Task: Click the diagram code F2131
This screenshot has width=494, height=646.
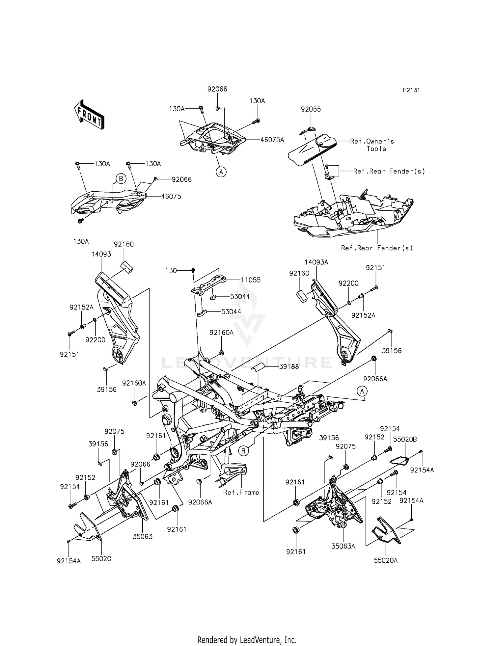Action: pyautogui.click(x=411, y=90)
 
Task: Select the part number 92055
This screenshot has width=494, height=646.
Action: pyautogui.click(x=311, y=109)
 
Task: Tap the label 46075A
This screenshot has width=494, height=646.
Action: pyautogui.click(x=272, y=140)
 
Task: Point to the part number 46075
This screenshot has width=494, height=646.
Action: pyautogui.click(x=171, y=196)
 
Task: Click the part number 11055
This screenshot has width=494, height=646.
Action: pyautogui.click(x=250, y=280)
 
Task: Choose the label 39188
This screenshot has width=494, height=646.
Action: pyautogui.click(x=289, y=366)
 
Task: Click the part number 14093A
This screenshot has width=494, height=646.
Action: pyautogui.click(x=316, y=262)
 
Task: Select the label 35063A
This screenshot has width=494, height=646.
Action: pyautogui.click(x=343, y=546)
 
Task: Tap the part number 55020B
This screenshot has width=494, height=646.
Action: pyautogui.click(x=405, y=439)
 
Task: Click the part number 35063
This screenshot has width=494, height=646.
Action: pyautogui.click(x=143, y=536)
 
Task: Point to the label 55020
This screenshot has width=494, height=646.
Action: pyautogui.click(x=101, y=559)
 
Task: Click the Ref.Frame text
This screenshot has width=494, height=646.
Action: pyautogui.click(x=241, y=492)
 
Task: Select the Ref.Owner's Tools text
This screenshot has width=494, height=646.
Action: pyautogui.click(x=372, y=145)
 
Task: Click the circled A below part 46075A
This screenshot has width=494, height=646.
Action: pyautogui.click(x=221, y=172)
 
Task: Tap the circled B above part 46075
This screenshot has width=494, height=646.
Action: pyautogui.click(x=121, y=179)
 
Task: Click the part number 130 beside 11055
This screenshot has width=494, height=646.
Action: pyautogui.click(x=171, y=271)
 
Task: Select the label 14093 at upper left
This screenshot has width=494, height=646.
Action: pyautogui.click(x=101, y=254)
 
